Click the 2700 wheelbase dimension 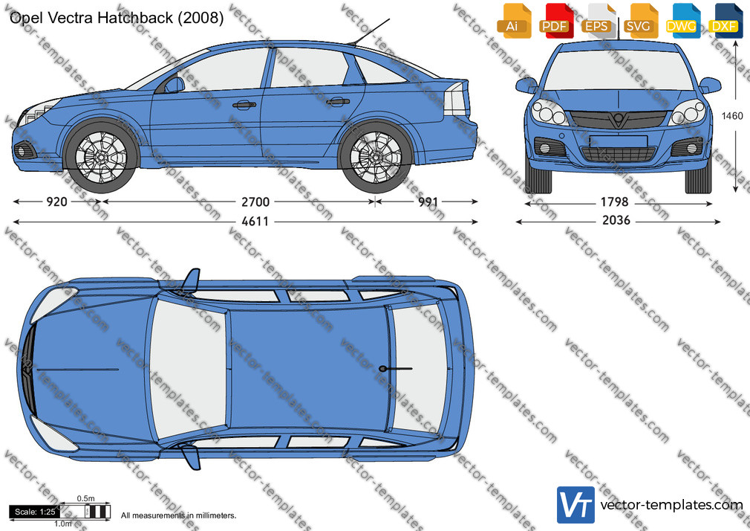(255, 202)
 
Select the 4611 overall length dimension (255, 222)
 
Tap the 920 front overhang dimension (56, 202)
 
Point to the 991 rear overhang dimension (428, 202)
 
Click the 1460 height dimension (732, 116)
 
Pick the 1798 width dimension (615, 202)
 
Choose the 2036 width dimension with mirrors (616, 220)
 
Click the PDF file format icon (555, 21)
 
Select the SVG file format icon (639, 21)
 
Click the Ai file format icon (512, 21)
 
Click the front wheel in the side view (101, 157)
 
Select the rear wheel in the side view (375, 157)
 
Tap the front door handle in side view (244, 104)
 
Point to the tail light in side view (456, 98)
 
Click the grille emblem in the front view (619, 119)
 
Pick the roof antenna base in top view (383, 369)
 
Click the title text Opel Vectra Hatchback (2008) (117, 18)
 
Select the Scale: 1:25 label (35, 512)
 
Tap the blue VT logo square (576, 505)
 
